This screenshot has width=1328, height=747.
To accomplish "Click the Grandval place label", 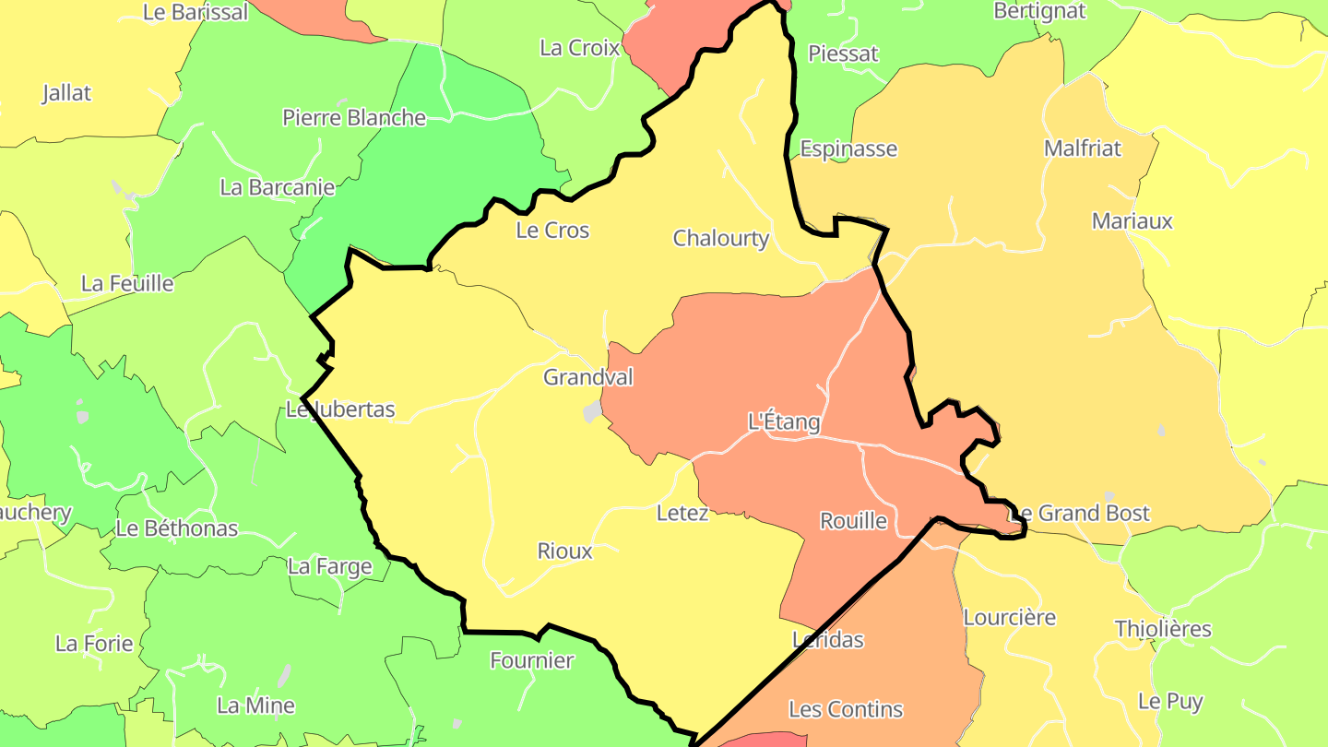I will coord(588,377).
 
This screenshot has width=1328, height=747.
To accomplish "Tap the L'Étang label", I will coord(783,422).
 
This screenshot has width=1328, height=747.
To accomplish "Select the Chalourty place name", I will coord(720,238).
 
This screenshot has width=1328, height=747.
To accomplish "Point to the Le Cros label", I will coord(552,231).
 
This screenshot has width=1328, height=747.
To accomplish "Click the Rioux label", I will coord(564,551).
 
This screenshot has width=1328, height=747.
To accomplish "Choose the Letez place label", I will coord(682,513).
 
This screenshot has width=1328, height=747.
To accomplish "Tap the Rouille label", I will coord(853,521).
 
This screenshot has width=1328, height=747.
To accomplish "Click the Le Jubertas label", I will coord(340,409).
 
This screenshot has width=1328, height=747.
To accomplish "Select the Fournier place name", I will coord(532,660).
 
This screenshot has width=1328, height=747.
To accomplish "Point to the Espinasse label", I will coord(848,148).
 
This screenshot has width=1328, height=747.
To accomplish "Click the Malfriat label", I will coord(1083,148).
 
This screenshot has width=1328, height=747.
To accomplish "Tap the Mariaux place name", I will coord(1132,221).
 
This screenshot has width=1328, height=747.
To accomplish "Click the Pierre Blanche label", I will coord(354,118).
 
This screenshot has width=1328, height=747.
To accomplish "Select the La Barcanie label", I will coord(278,187).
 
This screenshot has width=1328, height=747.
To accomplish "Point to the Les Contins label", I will coord(846,709).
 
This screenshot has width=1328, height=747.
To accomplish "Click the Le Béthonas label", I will coord(177,529).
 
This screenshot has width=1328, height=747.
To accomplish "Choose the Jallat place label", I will coord(67,93).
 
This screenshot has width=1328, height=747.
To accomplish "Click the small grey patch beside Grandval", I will coord(592,412).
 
